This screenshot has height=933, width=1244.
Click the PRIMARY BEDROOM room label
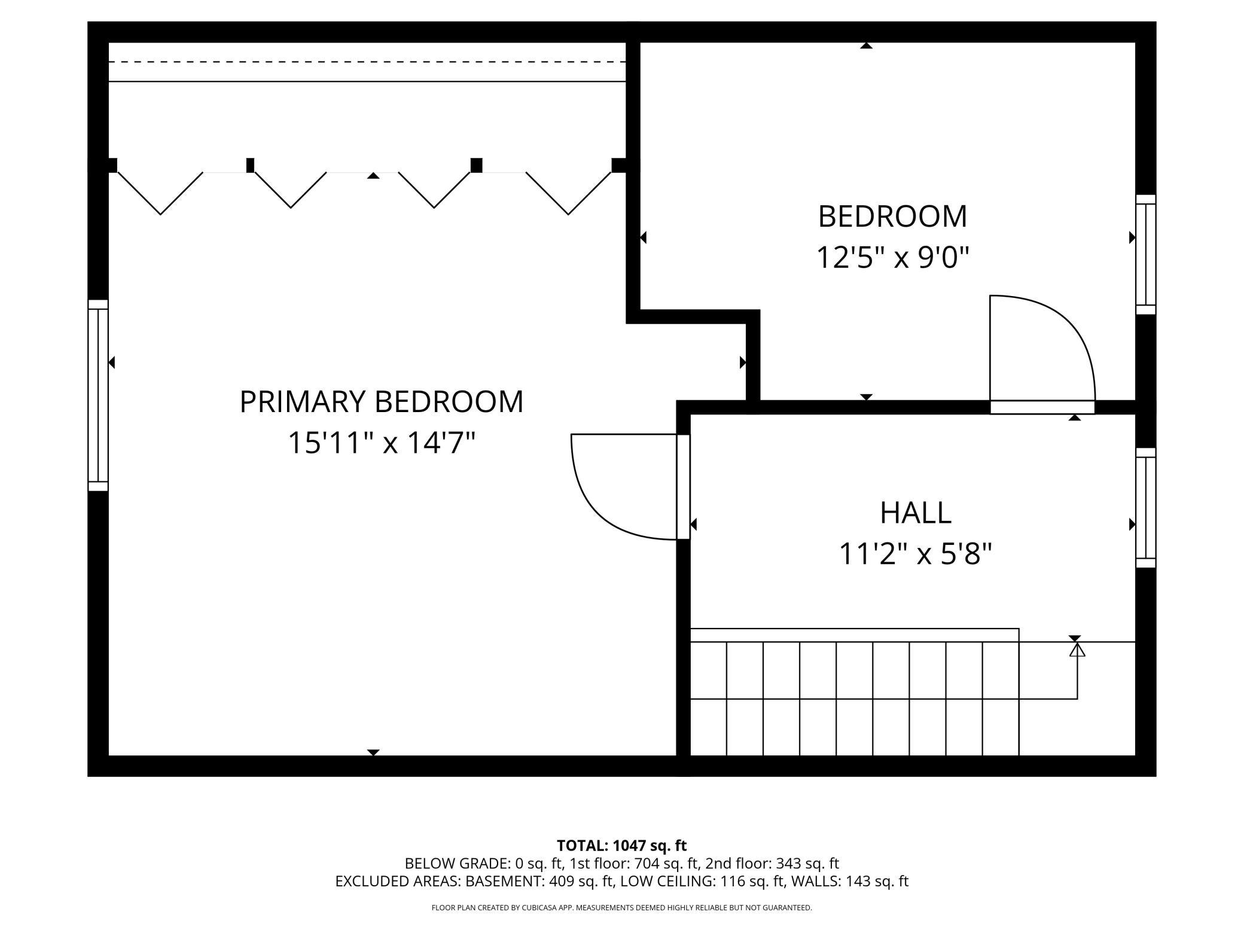(382, 401)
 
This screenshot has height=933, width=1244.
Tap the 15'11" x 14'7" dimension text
(382, 443)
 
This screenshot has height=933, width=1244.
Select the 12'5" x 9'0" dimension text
(892, 258)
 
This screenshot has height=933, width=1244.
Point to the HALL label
(916, 513)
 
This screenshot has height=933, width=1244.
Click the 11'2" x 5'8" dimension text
(916, 554)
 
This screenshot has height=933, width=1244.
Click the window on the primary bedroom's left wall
(98, 395)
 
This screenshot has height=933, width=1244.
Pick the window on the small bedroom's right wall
(1146, 254)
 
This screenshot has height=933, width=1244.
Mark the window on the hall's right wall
(1146, 508)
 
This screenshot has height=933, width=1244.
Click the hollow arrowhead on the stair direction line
(1077, 650)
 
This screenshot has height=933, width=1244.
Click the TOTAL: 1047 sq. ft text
(621, 846)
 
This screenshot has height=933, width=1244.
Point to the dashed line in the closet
(367, 62)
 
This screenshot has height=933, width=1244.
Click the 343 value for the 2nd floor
(788, 864)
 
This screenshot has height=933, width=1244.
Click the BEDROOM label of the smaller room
(892, 217)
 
